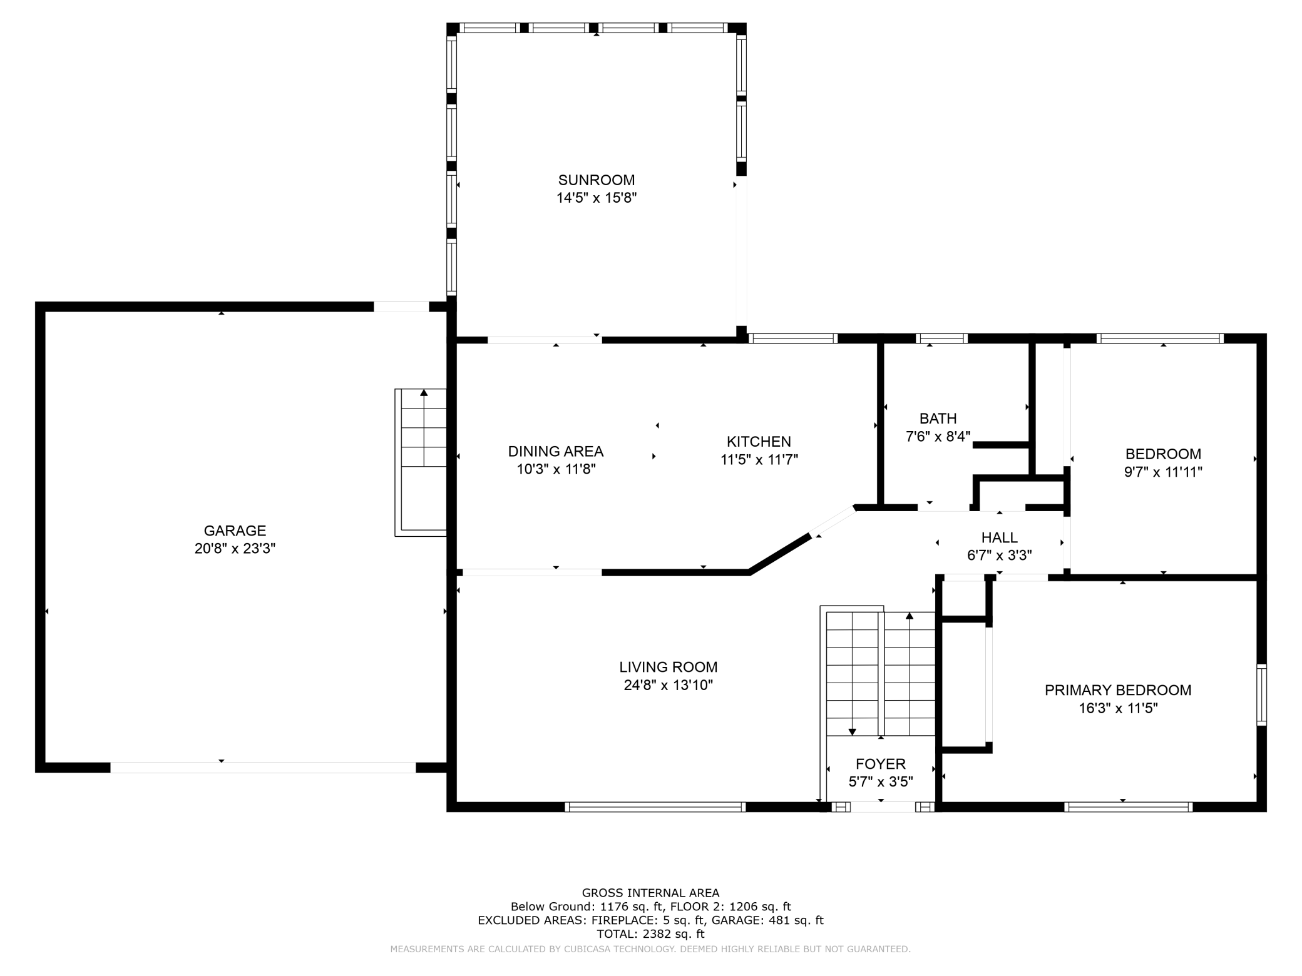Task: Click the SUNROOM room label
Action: [x=596, y=180]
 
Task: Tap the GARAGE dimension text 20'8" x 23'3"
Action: [x=235, y=549]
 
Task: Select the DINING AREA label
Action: [x=555, y=451]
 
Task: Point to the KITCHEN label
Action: [x=759, y=442]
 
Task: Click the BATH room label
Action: [x=938, y=419]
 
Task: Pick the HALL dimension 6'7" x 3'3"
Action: [x=999, y=555]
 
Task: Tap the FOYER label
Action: [x=881, y=764]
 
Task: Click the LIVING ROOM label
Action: [x=668, y=667]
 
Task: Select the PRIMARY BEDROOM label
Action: [x=1118, y=690]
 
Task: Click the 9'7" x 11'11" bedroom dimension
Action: [x=1163, y=472]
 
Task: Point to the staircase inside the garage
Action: [x=421, y=462]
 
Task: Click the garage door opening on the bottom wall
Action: [x=263, y=767]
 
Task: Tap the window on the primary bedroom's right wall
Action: [x=1261, y=695]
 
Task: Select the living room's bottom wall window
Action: [x=655, y=807]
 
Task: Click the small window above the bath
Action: [x=941, y=338]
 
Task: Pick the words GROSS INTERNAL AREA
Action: [x=650, y=893]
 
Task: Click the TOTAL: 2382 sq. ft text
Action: [x=650, y=933]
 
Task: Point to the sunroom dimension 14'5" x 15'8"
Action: [x=596, y=198]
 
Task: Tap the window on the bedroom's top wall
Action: [x=1160, y=338]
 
